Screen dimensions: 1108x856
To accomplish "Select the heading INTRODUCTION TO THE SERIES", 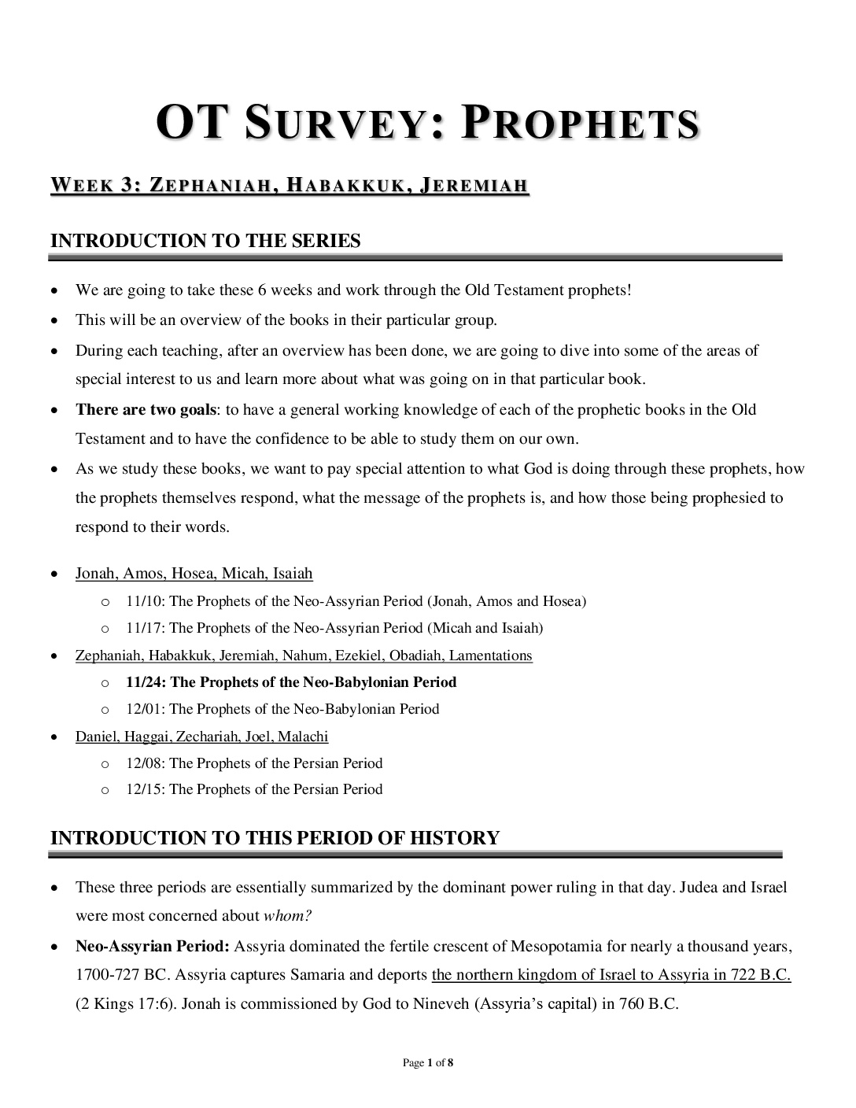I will [205, 241].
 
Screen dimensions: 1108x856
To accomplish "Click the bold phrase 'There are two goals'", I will [146, 409].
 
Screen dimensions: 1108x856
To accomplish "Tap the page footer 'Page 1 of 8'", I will [427, 1063].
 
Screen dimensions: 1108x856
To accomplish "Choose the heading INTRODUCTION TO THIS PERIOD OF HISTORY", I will [275, 838].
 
